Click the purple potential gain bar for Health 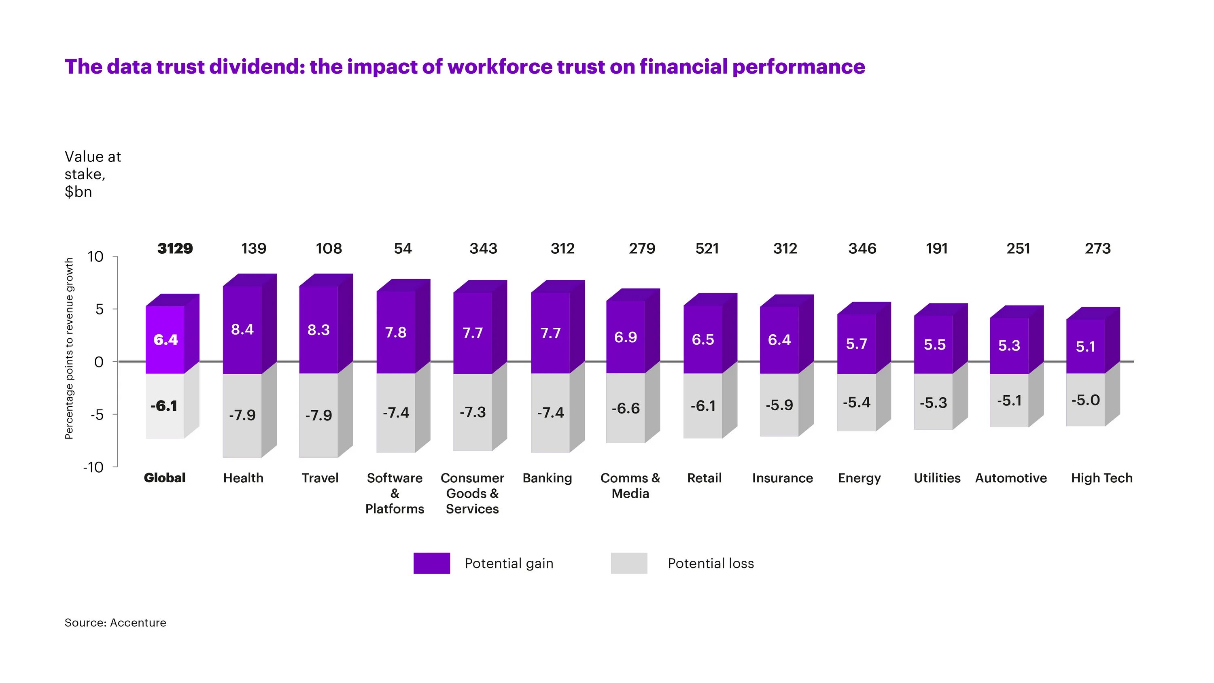point(242,329)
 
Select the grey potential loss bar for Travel point(318,415)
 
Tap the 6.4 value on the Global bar point(166,339)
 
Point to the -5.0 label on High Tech point(1085,400)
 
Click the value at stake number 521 point(707,248)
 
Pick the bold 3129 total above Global point(175,248)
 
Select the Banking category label point(547,478)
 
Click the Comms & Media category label point(630,486)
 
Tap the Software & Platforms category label point(395,493)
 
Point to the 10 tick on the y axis point(95,257)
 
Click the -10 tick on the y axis point(93,467)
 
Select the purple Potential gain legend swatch point(431,563)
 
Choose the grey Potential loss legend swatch point(629,563)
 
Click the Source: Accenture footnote point(115,623)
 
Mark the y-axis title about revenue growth point(69,348)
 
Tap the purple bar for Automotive point(1009,346)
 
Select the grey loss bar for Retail point(703,406)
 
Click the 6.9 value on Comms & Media point(625,337)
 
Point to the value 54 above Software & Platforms point(403,248)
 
